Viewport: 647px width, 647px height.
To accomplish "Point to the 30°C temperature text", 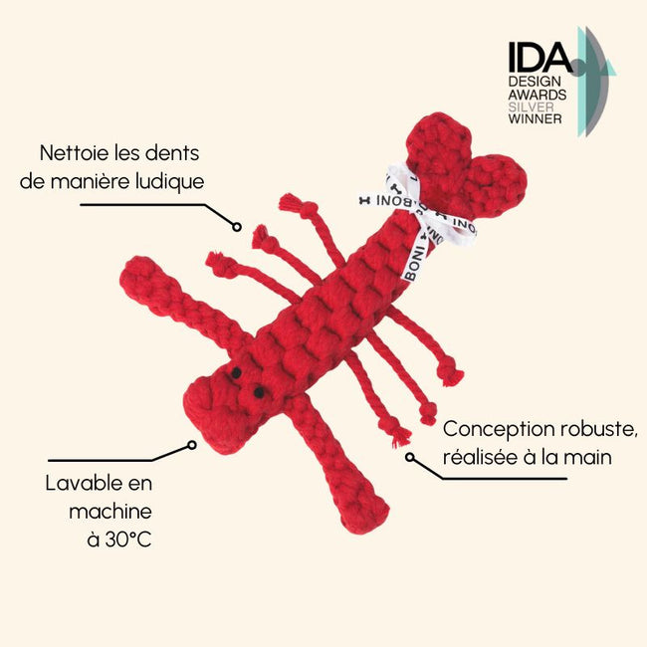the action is [128, 539].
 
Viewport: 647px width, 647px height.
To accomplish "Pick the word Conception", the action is [499, 430].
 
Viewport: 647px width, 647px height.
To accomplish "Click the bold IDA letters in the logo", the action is [539, 57].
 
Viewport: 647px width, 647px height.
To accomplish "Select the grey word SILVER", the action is [531, 107].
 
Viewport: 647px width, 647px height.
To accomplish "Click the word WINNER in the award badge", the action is [535, 118].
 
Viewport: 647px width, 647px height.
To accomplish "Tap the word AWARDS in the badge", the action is [538, 95].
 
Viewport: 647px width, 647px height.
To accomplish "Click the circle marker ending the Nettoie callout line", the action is [237, 227].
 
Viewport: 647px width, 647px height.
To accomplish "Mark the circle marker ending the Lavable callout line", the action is [192, 445].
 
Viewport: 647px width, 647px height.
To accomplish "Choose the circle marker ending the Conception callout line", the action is [410, 457].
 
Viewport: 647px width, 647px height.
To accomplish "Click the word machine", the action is [110, 512].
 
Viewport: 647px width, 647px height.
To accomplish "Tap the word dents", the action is [172, 153].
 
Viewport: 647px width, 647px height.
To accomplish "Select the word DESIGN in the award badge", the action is [535, 82].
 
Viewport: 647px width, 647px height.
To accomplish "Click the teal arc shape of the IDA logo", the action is [582, 82].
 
